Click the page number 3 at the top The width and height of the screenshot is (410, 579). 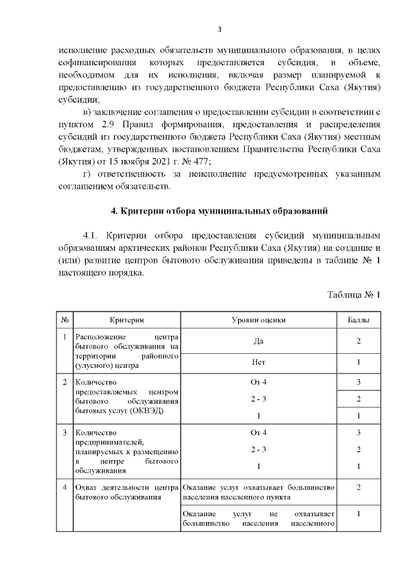[219, 29]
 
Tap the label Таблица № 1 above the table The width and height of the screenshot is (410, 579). [354, 295]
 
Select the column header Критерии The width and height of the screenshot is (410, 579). [126, 319]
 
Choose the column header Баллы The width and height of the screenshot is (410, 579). [358, 319]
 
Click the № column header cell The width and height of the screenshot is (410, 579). [65, 319]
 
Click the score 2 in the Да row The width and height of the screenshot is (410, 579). [358, 342]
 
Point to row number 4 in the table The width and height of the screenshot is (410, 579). [65, 488]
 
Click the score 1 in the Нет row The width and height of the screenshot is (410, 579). [358, 362]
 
